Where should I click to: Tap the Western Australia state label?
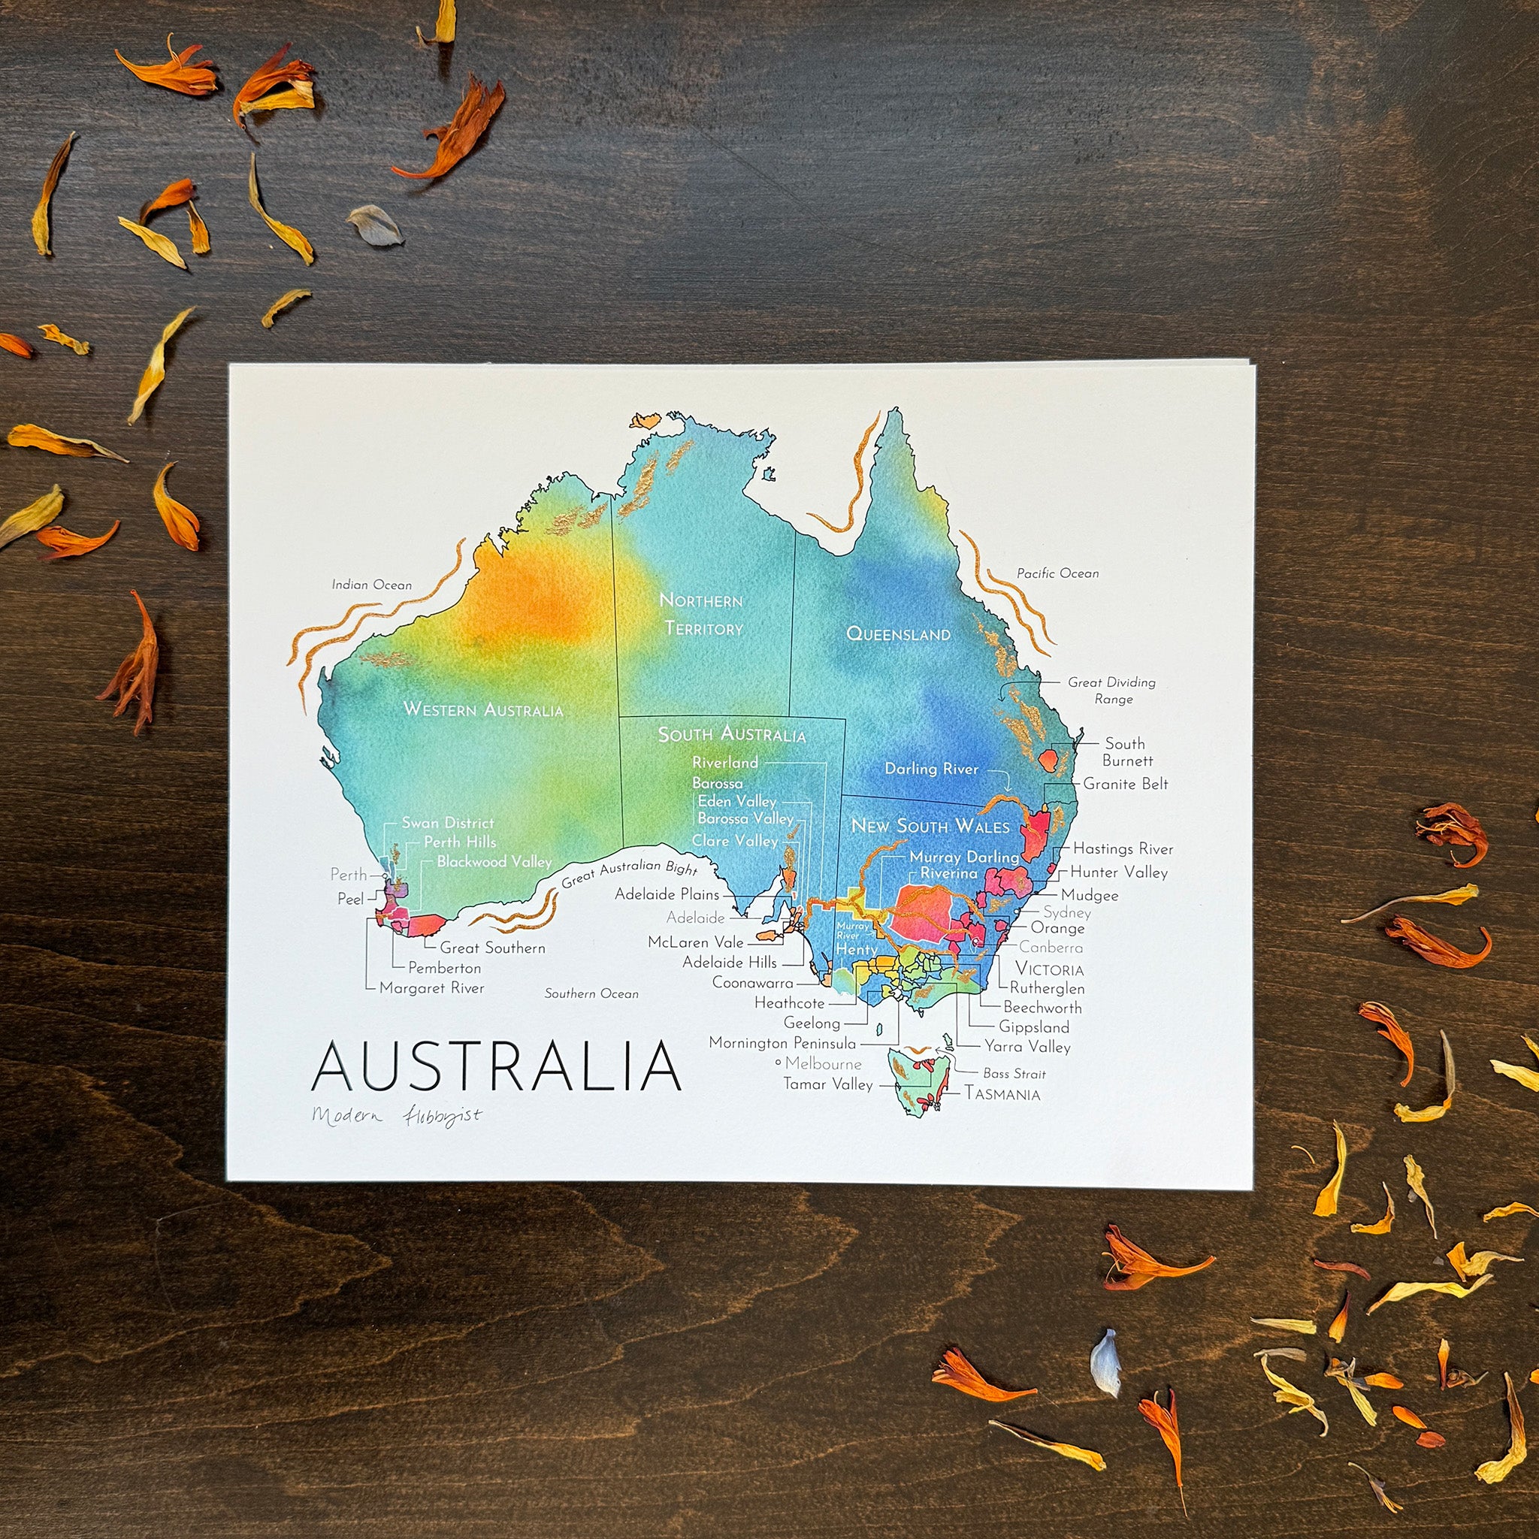pyautogui.click(x=482, y=709)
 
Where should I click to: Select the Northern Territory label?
pyautogui.click(x=702, y=614)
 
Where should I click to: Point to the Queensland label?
pyautogui.click(x=898, y=634)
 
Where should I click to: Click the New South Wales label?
pyautogui.click(x=930, y=825)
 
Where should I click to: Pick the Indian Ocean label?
pyautogui.click(x=372, y=585)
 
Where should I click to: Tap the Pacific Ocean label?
pyautogui.click(x=1057, y=573)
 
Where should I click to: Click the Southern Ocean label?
pyautogui.click(x=591, y=993)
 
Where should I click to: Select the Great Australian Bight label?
pyautogui.click(x=629, y=874)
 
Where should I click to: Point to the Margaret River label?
pyautogui.click(x=432, y=987)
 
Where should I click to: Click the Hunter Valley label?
pyautogui.click(x=1118, y=872)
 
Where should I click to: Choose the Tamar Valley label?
pyautogui.click(x=827, y=1084)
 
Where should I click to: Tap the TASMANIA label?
pyautogui.click(x=1003, y=1094)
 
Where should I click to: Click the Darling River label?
pyautogui.click(x=931, y=769)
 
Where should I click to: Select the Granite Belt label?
pyautogui.click(x=1126, y=784)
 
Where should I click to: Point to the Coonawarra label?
pyautogui.click(x=753, y=982)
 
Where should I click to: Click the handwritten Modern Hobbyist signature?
pyautogui.click(x=397, y=1115)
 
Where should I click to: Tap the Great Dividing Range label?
pyautogui.click(x=1112, y=691)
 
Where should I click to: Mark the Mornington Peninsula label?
pyautogui.click(x=782, y=1043)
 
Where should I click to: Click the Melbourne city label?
pyautogui.click(x=823, y=1063)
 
